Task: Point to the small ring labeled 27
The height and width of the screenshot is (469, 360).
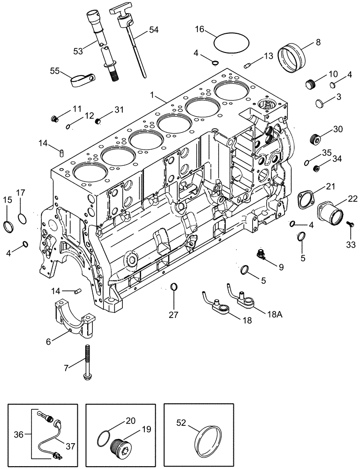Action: (x=173, y=287)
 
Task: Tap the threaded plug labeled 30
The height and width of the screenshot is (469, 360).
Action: (x=317, y=139)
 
